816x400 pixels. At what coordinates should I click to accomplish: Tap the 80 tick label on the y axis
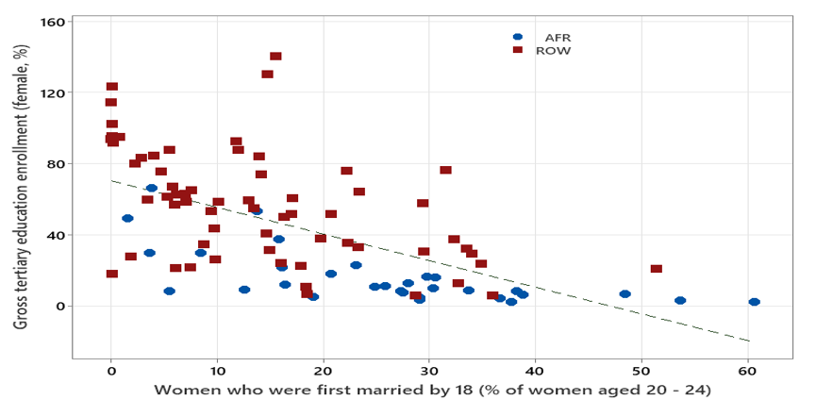coord(56,163)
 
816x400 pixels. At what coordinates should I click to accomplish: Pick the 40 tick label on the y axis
coord(56,235)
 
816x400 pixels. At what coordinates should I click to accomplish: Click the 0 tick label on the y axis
coord(59,306)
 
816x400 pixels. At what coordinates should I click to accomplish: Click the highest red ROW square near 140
coord(275,57)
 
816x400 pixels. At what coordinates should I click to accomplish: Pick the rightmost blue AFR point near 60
coord(754,302)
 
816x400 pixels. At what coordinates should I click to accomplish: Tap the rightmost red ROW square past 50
coord(657,269)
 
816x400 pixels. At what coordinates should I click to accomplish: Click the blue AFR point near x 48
coord(624,294)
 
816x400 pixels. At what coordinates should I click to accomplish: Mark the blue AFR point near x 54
coord(680,301)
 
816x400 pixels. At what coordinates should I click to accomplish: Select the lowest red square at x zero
coord(112,274)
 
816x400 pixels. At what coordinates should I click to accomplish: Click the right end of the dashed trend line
coord(750,341)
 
